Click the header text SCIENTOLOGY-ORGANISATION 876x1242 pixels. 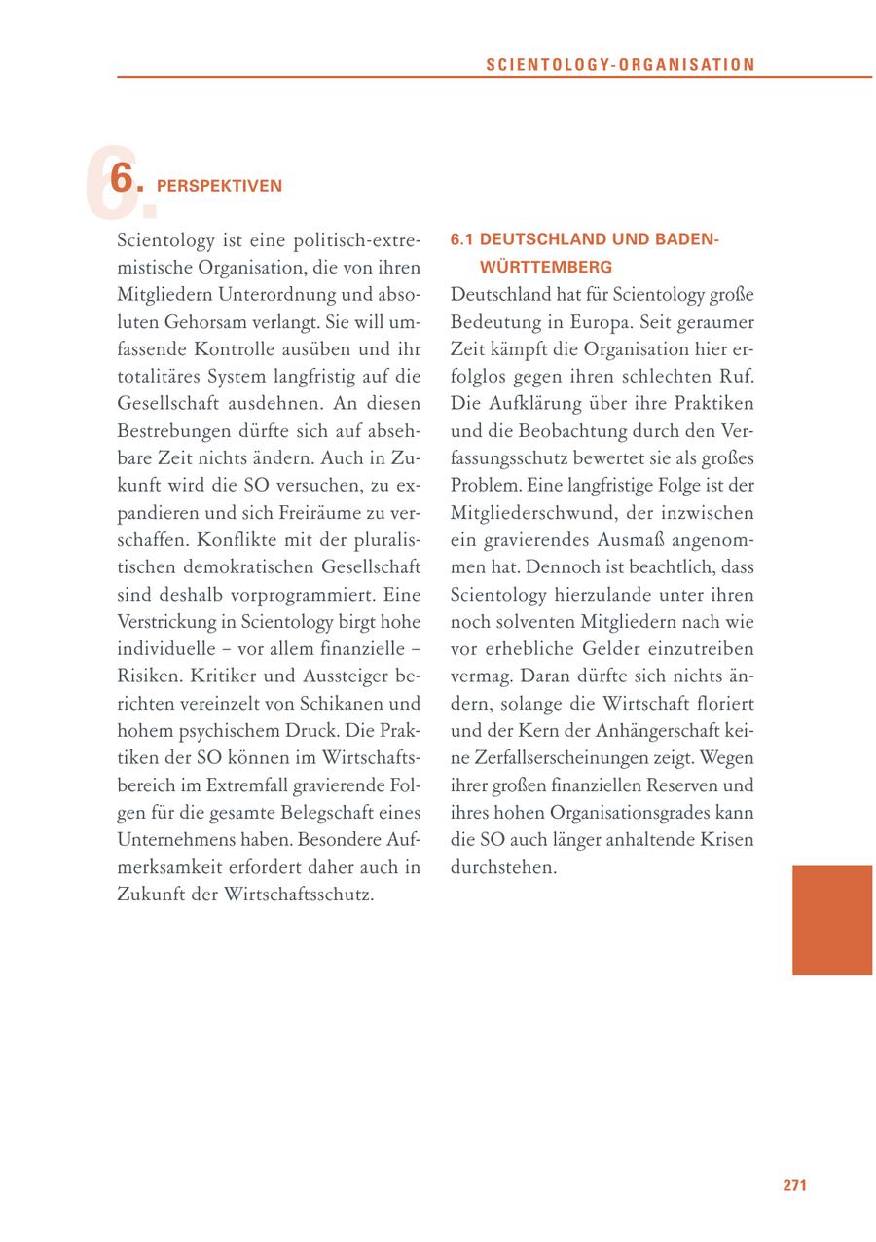click(x=620, y=65)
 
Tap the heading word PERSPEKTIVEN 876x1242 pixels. click(x=219, y=185)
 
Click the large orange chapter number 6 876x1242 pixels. click(x=120, y=179)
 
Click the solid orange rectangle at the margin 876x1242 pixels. click(x=832, y=920)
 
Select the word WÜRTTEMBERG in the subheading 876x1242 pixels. click(x=546, y=266)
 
